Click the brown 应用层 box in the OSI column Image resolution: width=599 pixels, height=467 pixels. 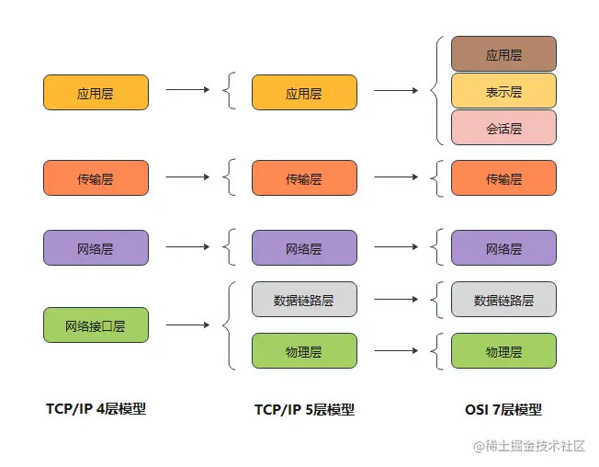[x=503, y=54]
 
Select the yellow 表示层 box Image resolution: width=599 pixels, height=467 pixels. [x=503, y=91]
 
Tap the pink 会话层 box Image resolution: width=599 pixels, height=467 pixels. [x=503, y=128]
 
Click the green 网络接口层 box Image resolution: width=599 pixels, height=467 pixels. [x=96, y=325]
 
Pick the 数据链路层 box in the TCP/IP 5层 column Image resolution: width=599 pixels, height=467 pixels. [x=304, y=300]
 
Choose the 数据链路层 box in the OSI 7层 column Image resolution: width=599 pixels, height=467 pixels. [x=503, y=300]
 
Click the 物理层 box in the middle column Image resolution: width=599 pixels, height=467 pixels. [x=304, y=351]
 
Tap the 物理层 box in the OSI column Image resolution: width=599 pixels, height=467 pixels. [x=503, y=351]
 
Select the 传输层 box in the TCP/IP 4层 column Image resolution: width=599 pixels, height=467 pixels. [x=96, y=178]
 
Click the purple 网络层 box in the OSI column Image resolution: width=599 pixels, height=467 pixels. [x=503, y=248]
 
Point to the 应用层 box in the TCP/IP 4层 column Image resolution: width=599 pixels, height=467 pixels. [x=96, y=93]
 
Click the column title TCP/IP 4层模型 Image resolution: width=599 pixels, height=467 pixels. [x=96, y=409]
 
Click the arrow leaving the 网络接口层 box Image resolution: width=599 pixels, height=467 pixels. [x=186, y=325]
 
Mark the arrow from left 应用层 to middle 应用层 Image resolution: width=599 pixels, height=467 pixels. [x=186, y=90]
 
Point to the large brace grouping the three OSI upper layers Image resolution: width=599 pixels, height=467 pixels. [x=437, y=90]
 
